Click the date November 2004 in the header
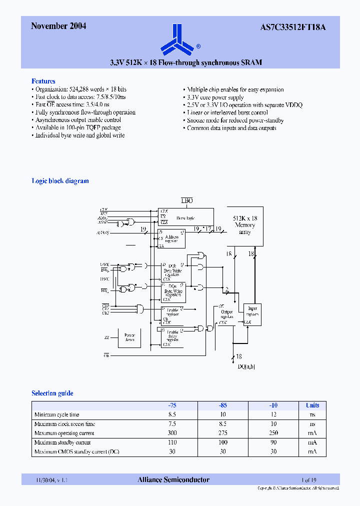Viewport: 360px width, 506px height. (58, 26)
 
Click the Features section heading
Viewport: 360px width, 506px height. (43, 81)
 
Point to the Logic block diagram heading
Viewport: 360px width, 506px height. (60, 181)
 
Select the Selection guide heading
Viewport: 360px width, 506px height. (52, 393)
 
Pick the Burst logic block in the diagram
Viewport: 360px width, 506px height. (185, 218)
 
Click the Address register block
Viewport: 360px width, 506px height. (171, 238)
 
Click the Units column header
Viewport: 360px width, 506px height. (312, 405)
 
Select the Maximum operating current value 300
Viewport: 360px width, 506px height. (172, 433)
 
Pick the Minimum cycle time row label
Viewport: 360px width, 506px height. (56, 414)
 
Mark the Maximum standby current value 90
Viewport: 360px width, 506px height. (273, 442)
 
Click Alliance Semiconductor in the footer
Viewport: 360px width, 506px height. (173, 480)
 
